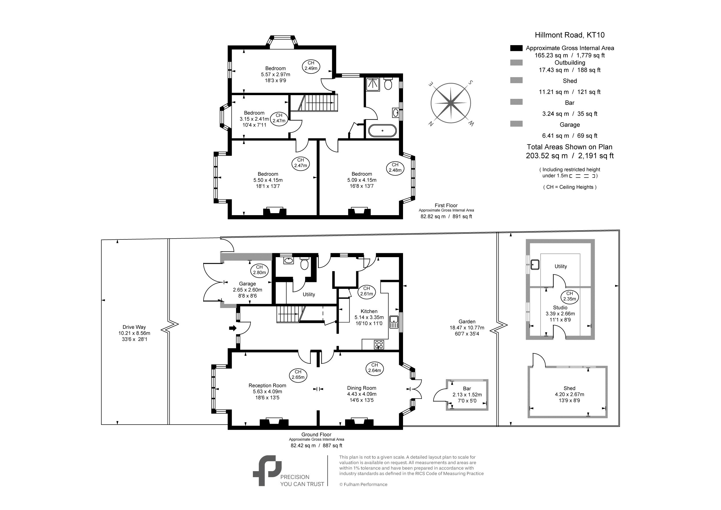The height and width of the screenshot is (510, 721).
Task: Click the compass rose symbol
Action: (451, 103)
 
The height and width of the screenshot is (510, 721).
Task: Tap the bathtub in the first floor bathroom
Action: (382, 131)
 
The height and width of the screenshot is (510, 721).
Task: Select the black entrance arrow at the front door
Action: (233, 328)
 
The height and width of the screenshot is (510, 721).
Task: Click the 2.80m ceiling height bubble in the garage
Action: (259, 270)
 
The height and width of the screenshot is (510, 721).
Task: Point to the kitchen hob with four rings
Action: (379, 345)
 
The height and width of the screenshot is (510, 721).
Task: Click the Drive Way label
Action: (134, 327)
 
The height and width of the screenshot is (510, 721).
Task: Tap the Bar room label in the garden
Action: (467, 389)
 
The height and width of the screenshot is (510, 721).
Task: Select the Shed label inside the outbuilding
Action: (569, 388)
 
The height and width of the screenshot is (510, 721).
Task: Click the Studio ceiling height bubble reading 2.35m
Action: (570, 296)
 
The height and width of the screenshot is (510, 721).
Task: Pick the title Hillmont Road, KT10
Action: (570, 35)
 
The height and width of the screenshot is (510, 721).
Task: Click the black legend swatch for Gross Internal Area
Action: (516, 48)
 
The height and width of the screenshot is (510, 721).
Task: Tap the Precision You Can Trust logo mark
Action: (267, 470)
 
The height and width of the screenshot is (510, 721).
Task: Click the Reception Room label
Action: (267, 385)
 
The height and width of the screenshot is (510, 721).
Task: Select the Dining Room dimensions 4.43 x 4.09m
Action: (362, 394)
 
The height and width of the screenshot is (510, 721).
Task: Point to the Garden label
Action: (467, 321)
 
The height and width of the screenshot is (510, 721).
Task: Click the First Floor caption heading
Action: (446, 205)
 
